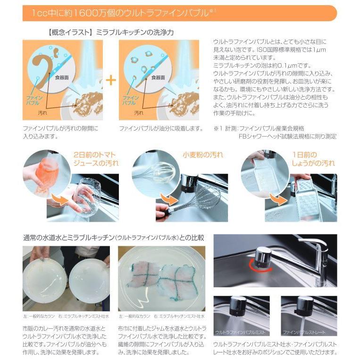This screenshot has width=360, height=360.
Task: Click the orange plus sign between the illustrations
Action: (x=111, y=79)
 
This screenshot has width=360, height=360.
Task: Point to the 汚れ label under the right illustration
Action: (x=139, y=113)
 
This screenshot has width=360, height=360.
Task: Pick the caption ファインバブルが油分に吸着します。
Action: (x=160, y=128)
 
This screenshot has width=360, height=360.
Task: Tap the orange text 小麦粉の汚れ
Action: (x=203, y=155)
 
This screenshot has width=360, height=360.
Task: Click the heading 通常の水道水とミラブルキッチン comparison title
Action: (x=113, y=237)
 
